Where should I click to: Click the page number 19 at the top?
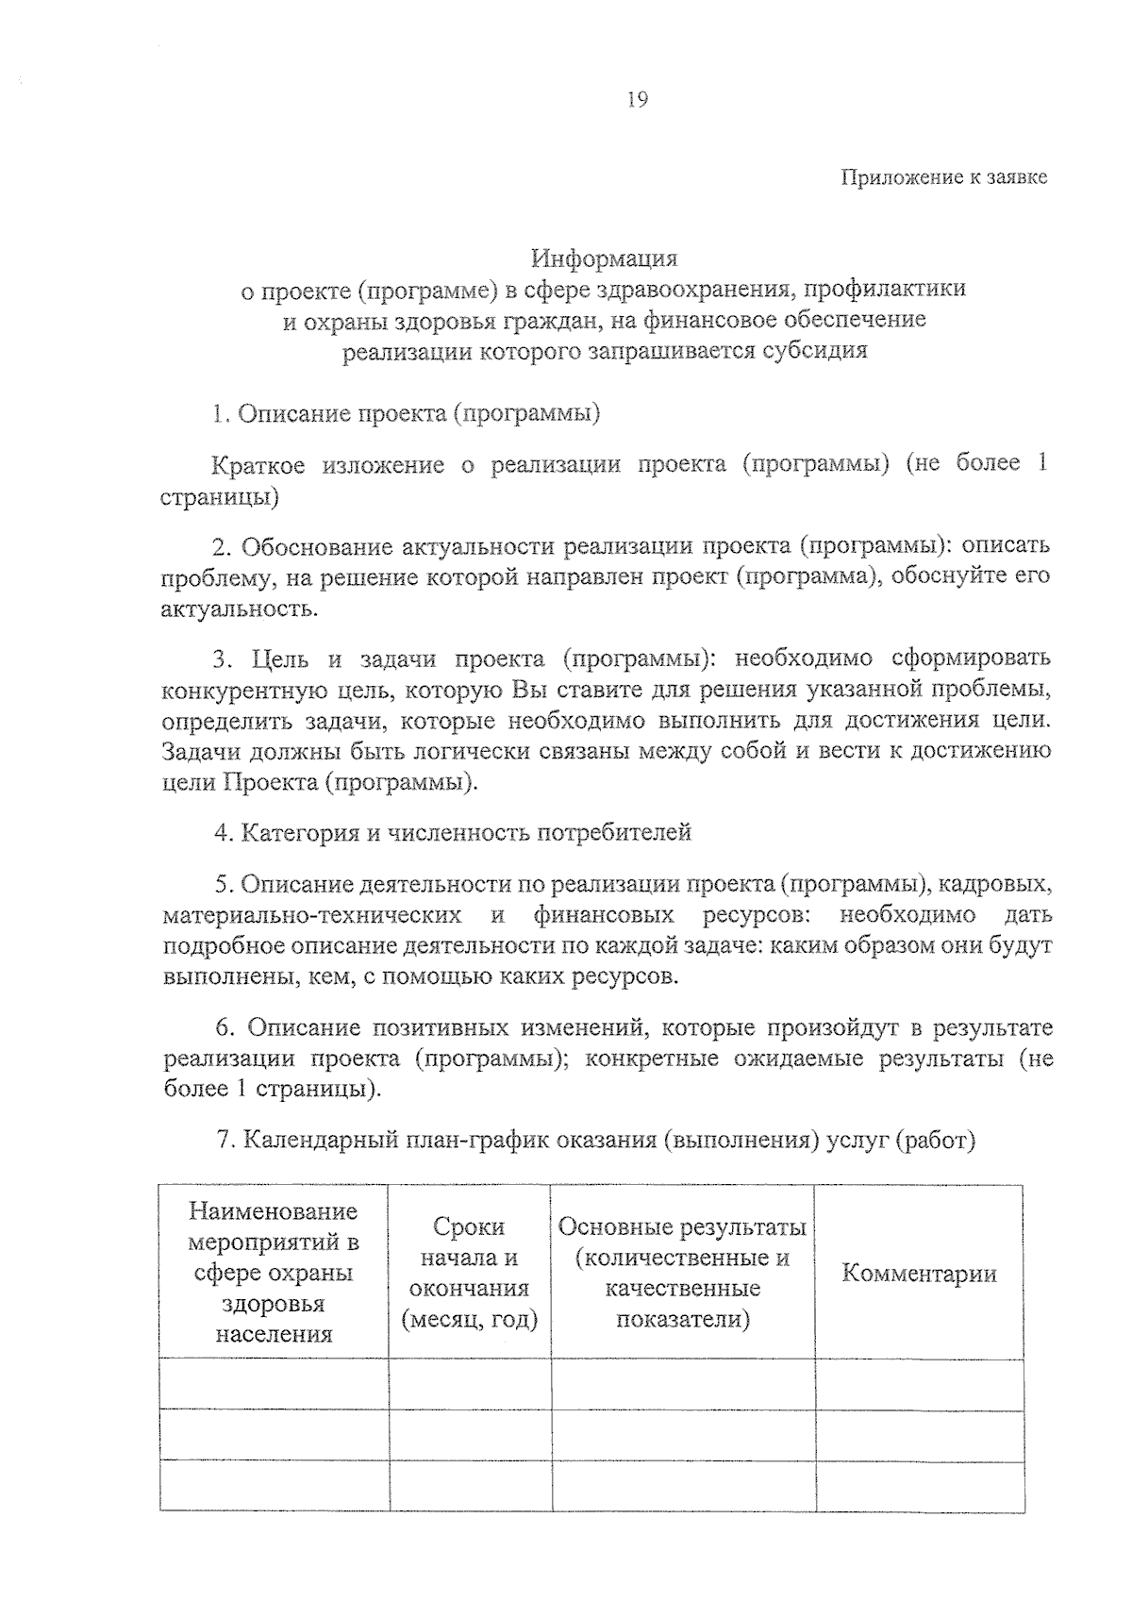tap(637, 100)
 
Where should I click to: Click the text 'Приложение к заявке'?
tap(943, 177)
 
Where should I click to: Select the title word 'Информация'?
tap(604, 258)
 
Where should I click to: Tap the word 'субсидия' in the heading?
tap(819, 351)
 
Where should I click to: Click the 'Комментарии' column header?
tap(919, 1274)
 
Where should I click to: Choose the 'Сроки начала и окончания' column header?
tap(469, 1273)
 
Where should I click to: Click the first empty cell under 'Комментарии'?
tap(919, 1384)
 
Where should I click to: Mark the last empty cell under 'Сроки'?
tap(470, 1485)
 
